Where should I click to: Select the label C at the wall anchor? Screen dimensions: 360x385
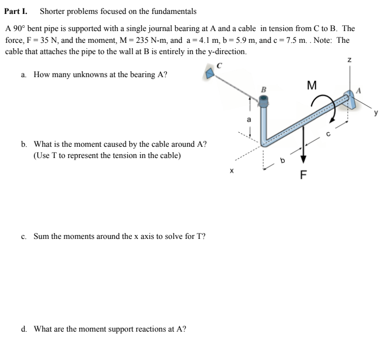click(x=219, y=65)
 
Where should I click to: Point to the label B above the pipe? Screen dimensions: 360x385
click(x=264, y=89)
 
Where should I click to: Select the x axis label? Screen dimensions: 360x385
click(x=231, y=171)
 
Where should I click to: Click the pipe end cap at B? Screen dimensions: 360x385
click(x=264, y=101)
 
